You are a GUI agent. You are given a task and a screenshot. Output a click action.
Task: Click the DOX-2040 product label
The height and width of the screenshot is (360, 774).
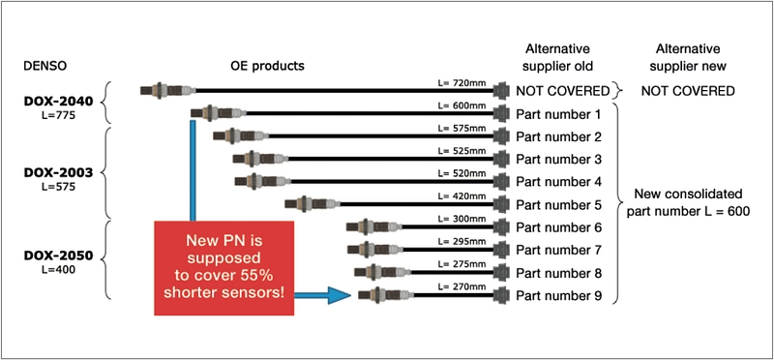[59, 102]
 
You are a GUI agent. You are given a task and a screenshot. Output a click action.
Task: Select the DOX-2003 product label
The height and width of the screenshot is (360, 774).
[59, 173]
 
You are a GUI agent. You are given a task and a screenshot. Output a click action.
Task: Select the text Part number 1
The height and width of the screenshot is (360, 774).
[559, 114]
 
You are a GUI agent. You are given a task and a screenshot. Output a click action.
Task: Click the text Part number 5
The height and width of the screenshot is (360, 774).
[559, 205]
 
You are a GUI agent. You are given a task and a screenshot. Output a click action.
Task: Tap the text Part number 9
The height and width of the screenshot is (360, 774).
[559, 296]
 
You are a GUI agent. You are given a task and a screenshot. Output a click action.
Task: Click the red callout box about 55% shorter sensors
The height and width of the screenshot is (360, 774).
[224, 268]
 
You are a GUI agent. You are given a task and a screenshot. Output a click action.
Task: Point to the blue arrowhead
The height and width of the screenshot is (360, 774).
[340, 295]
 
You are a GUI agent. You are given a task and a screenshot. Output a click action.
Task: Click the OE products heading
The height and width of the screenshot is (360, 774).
[267, 66]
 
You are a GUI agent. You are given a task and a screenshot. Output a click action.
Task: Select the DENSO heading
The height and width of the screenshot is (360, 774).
[45, 66]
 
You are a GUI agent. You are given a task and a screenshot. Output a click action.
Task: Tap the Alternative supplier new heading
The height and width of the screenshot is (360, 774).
[688, 57]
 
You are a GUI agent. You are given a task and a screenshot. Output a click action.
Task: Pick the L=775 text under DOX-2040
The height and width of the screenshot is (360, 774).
[59, 116]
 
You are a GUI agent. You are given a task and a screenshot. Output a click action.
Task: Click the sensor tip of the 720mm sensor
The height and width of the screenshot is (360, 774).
[146, 91]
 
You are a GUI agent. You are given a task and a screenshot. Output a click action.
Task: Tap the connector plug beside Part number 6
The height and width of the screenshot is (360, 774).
[501, 226]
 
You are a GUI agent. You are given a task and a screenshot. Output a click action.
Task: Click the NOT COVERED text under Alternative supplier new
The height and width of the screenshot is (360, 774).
[688, 91]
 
